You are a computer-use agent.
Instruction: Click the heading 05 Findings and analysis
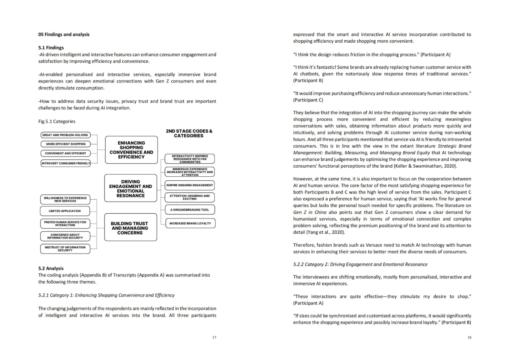point(64,34)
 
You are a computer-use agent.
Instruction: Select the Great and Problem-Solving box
point(65,135)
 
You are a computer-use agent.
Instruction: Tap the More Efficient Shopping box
point(65,144)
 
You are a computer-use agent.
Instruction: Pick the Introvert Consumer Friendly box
point(65,163)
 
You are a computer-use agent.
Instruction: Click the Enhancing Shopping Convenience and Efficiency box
point(131,150)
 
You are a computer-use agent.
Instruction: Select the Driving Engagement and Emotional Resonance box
point(131,188)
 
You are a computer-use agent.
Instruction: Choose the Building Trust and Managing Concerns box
point(130,228)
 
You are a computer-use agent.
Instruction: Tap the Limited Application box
point(65,211)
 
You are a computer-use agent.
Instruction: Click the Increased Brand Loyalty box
point(190,223)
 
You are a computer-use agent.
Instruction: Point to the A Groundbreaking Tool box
point(190,210)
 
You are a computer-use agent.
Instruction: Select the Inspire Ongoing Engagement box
point(190,185)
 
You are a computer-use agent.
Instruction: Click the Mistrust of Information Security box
point(65,249)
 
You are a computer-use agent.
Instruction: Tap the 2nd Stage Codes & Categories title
point(189,133)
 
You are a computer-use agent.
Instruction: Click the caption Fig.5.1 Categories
point(57,121)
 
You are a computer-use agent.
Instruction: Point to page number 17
point(214,337)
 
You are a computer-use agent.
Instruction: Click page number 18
point(469,337)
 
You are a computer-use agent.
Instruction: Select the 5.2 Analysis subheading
point(51,268)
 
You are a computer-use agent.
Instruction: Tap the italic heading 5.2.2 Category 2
point(360,264)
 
